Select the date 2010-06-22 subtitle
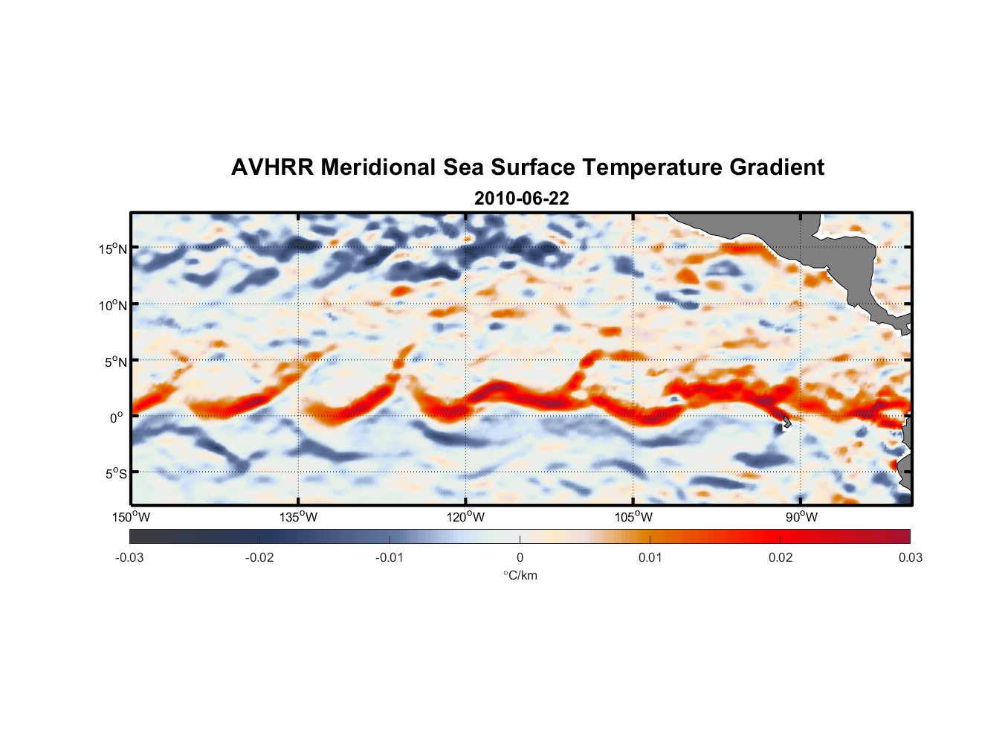pos(521,199)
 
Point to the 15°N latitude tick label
pos(112,248)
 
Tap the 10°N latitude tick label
pos(112,305)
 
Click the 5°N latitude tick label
pos(114,362)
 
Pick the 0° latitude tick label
pos(117,417)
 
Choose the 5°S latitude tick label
pos(114,473)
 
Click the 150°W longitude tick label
pos(131,517)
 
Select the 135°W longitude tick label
pos(298,517)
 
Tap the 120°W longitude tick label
pos(465,517)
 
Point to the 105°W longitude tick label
pos(633,517)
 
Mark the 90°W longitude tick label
pos(801,517)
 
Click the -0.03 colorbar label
pos(129,557)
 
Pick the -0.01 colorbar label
pos(390,557)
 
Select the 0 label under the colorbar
pos(520,557)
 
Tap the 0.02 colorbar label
pos(781,557)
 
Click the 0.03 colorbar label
pos(910,557)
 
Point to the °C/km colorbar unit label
pos(520,575)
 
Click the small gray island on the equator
pos(785,422)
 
